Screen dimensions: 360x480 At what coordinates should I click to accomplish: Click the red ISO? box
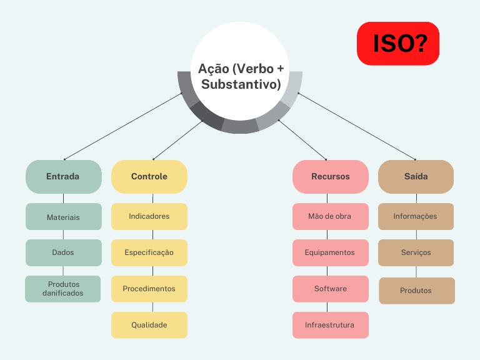398,44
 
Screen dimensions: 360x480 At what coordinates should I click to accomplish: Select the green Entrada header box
63,176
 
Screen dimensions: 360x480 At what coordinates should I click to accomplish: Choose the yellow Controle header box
149,176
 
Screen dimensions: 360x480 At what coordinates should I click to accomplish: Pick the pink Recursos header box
331,176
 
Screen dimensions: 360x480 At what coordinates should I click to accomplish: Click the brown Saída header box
416,176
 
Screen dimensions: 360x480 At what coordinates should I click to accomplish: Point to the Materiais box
63,217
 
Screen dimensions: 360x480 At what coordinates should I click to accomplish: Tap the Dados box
63,252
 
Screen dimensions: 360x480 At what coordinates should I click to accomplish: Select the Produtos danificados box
63,289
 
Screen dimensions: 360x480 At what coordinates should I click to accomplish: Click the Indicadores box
149,216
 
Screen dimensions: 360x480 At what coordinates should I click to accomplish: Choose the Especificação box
149,252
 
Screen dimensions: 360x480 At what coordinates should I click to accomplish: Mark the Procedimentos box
149,289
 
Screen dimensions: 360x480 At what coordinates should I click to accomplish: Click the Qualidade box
149,325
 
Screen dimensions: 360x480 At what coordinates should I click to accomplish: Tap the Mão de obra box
331,216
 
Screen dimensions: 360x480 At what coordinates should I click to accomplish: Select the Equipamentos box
331,252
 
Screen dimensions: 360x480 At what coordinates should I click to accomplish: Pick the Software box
331,289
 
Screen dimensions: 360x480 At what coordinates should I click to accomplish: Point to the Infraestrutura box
331,325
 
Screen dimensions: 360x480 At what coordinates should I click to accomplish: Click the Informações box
416,216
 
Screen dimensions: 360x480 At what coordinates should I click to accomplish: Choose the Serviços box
416,252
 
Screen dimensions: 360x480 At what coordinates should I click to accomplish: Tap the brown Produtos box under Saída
417,291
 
